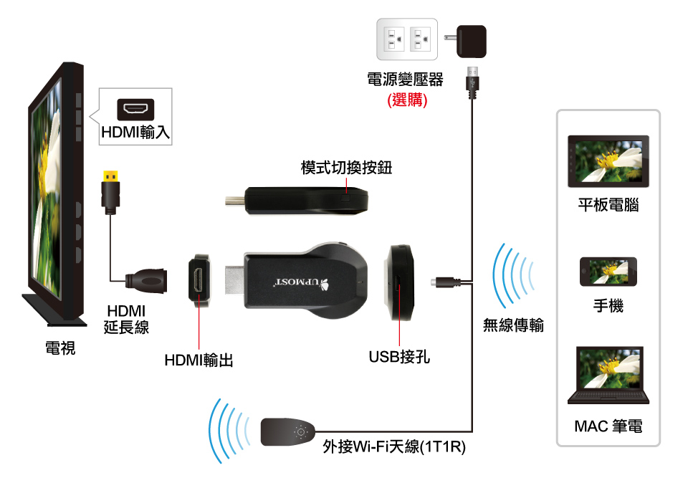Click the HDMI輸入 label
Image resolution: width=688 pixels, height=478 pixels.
135,133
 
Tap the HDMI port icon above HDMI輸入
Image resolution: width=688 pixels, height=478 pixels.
135,109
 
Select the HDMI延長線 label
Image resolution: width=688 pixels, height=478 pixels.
125,319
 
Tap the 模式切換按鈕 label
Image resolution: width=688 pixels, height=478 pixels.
346,168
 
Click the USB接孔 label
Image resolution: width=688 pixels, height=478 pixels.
399,356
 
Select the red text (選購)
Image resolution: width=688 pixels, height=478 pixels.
406,100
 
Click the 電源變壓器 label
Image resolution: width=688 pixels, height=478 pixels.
406,80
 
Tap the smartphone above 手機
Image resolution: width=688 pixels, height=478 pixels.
608,272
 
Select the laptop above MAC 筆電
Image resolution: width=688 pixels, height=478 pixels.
608,376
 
